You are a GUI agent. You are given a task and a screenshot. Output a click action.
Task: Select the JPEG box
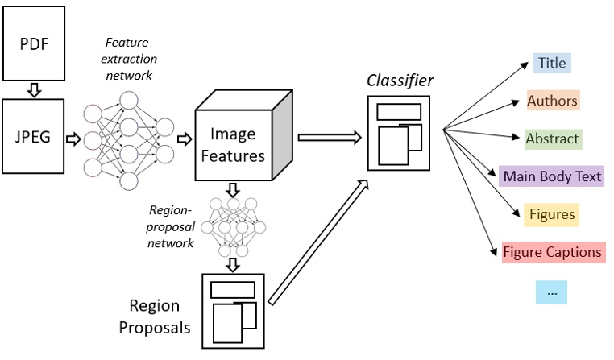pyautogui.click(x=34, y=136)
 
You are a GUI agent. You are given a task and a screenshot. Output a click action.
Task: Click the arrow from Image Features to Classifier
pyautogui.click(x=329, y=138)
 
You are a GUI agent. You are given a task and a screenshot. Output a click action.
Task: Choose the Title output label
pyautogui.click(x=552, y=63)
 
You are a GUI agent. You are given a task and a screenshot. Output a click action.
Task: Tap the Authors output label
pyautogui.click(x=552, y=101)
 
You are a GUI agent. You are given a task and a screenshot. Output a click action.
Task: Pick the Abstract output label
pyautogui.click(x=552, y=139)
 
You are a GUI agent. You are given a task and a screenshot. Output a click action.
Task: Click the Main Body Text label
pyautogui.click(x=552, y=176)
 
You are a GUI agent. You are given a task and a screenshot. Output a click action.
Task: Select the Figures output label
pyautogui.click(x=552, y=214)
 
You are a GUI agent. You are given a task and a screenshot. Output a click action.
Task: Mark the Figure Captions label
pyautogui.click(x=552, y=252)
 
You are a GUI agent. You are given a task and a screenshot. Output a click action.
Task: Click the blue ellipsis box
pyautogui.click(x=552, y=292)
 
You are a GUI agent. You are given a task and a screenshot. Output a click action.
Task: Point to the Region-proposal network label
pyautogui.click(x=172, y=226)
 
